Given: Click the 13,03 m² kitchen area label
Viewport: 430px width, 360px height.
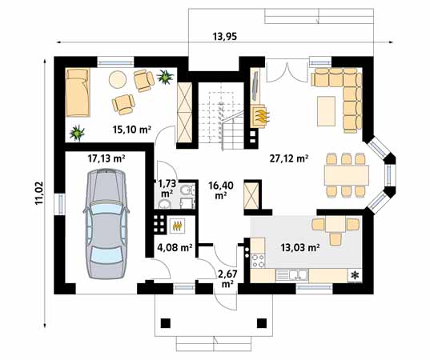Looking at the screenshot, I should pyautogui.click(x=301, y=248).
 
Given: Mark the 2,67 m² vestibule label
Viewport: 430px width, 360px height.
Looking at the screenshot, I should pyautogui.click(x=227, y=278).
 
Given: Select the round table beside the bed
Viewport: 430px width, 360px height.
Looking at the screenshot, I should pyautogui.click(x=118, y=78).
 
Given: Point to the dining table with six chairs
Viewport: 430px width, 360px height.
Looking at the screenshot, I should pyautogui.click(x=346, y=174).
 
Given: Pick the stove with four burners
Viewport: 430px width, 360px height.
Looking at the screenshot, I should pyautogui.click(x=259, y=258).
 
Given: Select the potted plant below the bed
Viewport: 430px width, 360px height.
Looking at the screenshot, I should pyautogui.click(x=78, y=130).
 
